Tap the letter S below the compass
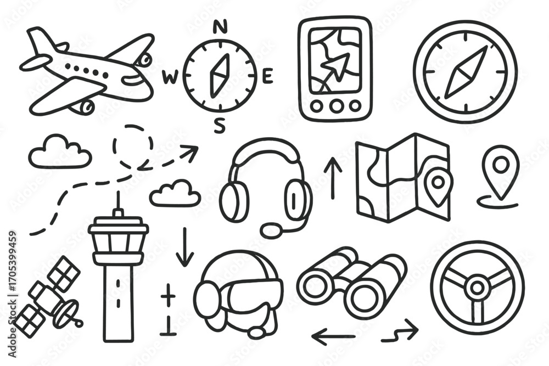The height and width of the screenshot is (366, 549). tap(220, 127)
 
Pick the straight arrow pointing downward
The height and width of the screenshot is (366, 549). tap(184, 247)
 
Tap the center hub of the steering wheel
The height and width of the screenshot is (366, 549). tap(478, 287)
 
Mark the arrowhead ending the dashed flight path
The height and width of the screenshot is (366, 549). tap(191, 151)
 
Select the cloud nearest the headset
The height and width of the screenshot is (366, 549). tap(175, 194)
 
